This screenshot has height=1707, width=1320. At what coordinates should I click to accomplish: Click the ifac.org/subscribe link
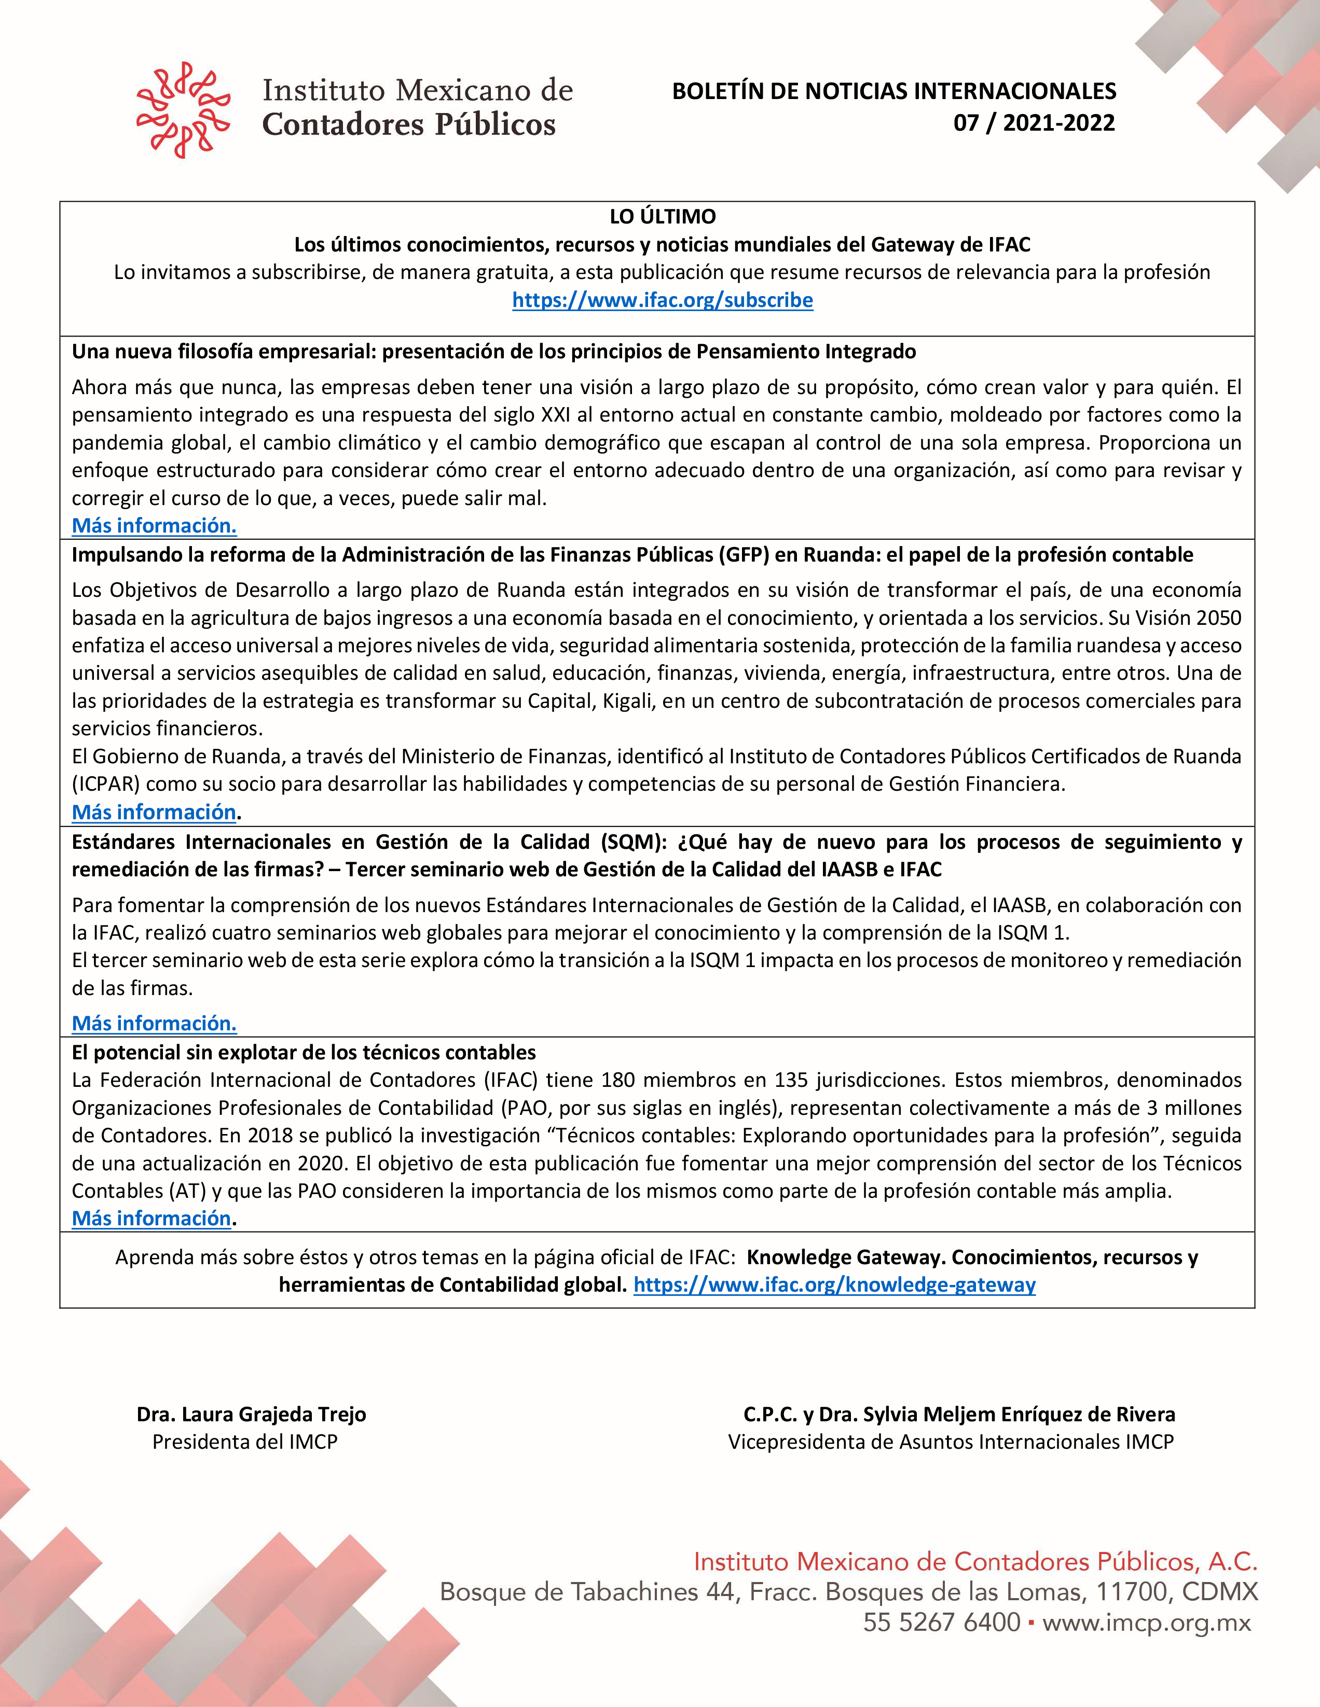(x=663, y=300)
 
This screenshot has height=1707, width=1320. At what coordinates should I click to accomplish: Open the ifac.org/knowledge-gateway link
(x=834, y=1285)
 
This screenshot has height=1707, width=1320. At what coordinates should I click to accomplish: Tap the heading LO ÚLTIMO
(x=663, y=217)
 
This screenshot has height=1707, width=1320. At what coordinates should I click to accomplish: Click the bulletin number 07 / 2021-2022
(x=1034, y=123)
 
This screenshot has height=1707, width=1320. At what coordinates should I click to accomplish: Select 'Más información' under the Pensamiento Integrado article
(x=154, y=526)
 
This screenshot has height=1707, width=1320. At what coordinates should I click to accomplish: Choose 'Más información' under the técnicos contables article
(x=152, y=1219)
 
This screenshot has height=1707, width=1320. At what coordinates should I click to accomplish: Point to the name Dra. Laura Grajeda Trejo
(x=251, y=1414)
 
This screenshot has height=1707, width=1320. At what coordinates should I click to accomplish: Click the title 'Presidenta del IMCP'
(x=245, y=1442)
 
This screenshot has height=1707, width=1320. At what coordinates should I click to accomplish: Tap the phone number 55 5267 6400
(x=942, y=1622)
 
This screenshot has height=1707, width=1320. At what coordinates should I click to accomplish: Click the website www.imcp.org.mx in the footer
(x=1146, y=1622)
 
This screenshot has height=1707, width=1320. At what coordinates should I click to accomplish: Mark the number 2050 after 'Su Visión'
(x=1218, y=618)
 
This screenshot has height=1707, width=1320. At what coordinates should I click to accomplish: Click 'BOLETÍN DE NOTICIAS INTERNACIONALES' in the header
(x=894, y=91)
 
